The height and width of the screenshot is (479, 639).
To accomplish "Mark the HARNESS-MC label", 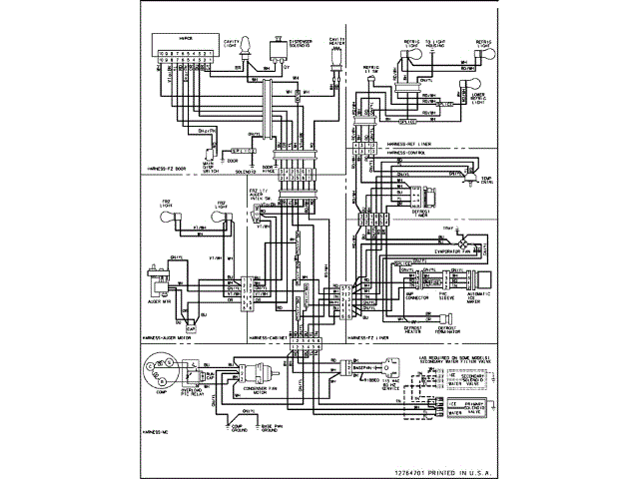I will click(x=146, y=431).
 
